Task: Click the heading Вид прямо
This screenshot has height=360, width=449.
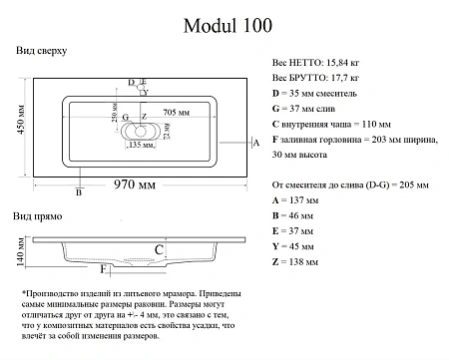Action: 39,216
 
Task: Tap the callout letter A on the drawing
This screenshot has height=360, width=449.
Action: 256,145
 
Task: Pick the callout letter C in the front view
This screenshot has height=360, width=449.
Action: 158,248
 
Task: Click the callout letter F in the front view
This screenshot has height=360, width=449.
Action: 103,268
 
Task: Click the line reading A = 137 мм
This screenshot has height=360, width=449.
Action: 294,200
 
